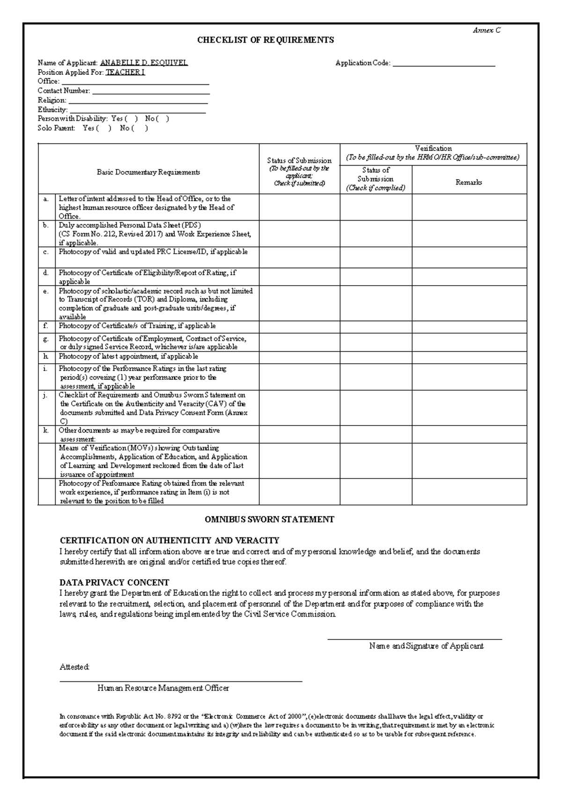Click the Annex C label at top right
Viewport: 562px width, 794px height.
tap(486, 30)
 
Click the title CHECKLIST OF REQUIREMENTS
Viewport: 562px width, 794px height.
tap(265, 40)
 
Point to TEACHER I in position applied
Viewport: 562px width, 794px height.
tap(125, 72)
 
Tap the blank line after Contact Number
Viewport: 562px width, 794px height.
tap(150, 92)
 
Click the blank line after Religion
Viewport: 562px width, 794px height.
tap(138, 101)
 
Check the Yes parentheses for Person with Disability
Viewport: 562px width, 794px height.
tap(132, 119)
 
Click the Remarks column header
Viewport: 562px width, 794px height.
tap(469, 183)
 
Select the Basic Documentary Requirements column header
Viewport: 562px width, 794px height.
tap(148, 172)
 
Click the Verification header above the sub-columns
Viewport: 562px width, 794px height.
tap(433, 148)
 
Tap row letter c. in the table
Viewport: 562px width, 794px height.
tap(46, 252)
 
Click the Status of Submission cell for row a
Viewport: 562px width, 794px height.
tap(299, 207)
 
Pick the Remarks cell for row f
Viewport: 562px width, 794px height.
tap(469, 326)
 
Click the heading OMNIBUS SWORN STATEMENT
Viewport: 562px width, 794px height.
tap(269, 519)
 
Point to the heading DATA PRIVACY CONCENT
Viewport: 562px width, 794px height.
tap(114, 583)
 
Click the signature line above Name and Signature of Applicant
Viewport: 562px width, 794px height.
tap(414, 639)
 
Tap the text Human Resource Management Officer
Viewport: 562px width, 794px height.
tap(163, 688)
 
